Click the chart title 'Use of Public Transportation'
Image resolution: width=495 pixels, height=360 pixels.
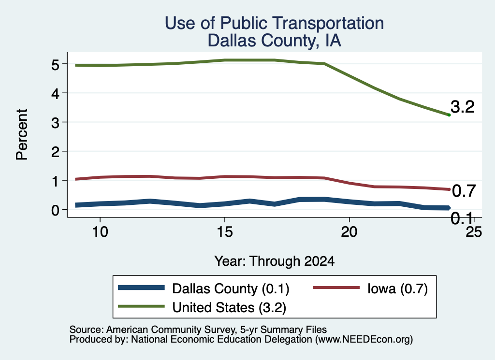275,23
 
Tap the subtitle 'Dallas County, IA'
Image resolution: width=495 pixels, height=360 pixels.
275,41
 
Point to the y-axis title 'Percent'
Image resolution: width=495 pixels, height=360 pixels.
22,134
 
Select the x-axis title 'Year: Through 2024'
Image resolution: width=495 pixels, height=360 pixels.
275,261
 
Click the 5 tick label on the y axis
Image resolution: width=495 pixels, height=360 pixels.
55,65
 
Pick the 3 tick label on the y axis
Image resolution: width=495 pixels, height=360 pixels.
55,123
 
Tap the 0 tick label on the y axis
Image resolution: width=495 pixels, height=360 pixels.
55,210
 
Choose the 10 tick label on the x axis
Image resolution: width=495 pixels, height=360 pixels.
100,232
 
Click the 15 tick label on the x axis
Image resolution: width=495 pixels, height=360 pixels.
225,232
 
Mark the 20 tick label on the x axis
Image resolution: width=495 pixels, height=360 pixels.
349,232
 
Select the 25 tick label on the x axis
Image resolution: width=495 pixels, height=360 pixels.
474,232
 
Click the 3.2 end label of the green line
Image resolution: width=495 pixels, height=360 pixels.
463,107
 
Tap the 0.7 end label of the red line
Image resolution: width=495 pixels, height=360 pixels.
464,191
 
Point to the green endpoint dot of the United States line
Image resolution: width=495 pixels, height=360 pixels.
449,115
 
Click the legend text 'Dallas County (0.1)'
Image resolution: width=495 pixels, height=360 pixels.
231,288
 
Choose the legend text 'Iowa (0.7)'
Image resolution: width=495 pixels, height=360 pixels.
397,288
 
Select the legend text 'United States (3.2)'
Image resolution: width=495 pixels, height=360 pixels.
229,308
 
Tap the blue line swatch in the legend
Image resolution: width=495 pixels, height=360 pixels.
142,288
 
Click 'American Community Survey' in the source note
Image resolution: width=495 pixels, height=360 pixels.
171,330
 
